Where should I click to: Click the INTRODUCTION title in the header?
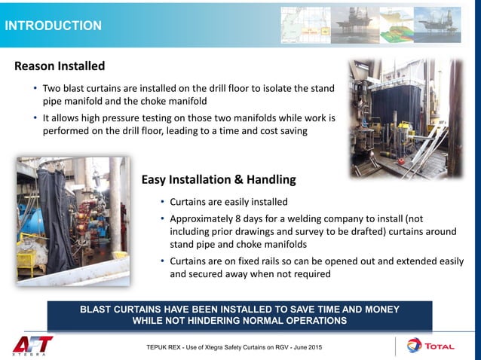53,26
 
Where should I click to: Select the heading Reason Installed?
60,66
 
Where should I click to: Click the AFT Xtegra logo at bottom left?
32,344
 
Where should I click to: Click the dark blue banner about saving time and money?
240,315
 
